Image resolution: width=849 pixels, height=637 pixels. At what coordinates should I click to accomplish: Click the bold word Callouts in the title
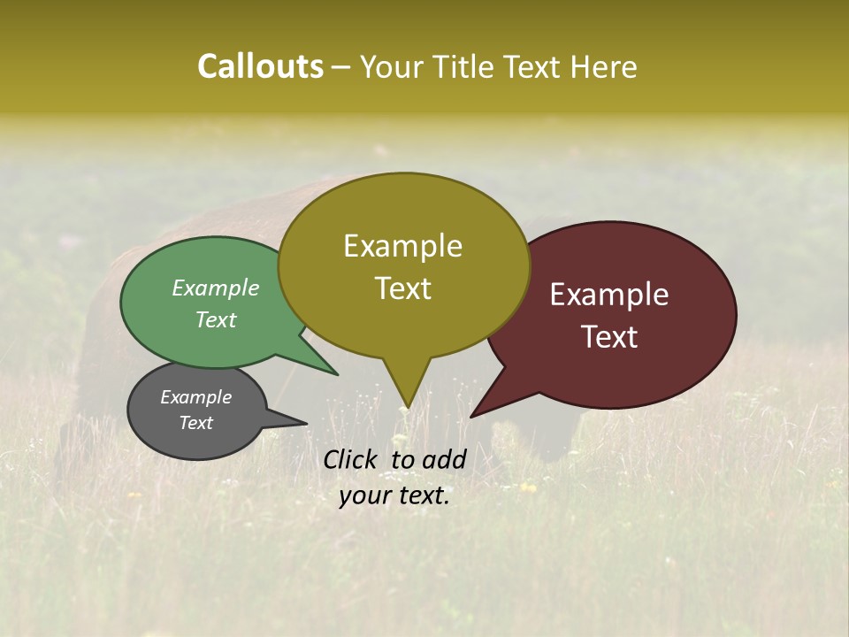coord(260,66)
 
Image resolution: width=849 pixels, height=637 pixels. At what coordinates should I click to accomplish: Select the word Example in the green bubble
coord(216,288)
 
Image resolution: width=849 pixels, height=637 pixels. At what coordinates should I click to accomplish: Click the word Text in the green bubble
coord(216,319)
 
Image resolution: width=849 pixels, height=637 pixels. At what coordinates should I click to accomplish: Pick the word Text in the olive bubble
coord(402,288)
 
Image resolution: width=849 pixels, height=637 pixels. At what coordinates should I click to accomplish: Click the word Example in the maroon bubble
coord(609,294)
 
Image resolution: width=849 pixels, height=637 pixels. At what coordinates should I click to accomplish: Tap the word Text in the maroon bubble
coord(609,336)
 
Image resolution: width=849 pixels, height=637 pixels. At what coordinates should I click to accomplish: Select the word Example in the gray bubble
coord(195,397)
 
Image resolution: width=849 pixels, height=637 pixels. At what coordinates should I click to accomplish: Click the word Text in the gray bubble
coord(195,423)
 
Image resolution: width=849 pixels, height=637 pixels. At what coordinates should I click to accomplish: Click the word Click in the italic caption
coord(352,459)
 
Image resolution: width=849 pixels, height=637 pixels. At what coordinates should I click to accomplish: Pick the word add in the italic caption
coord(444,459)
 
